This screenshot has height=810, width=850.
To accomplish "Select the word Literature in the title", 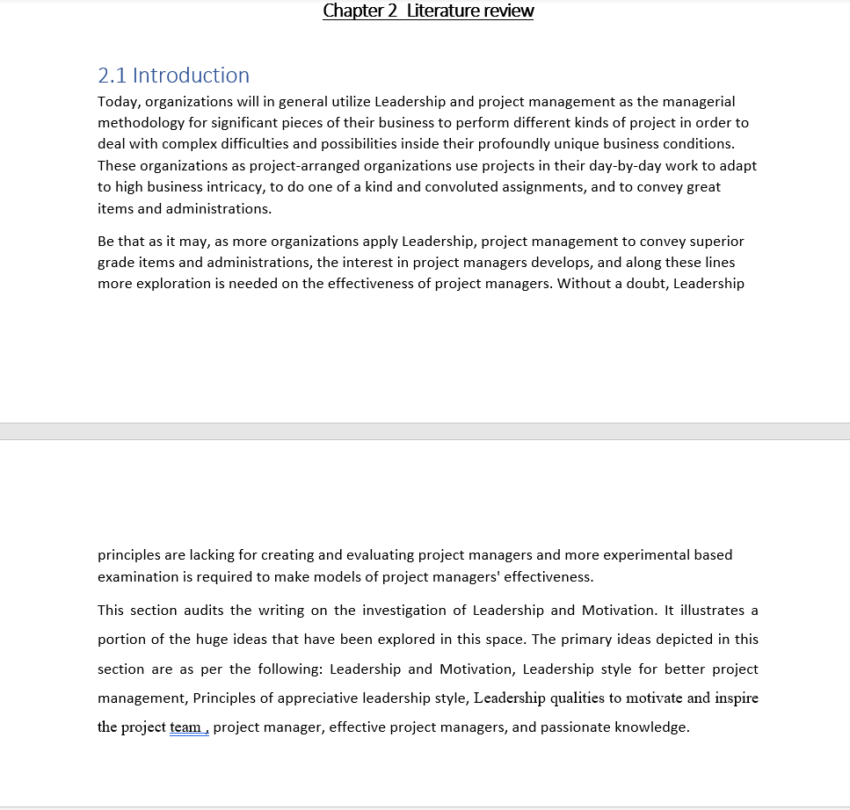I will [442, 11].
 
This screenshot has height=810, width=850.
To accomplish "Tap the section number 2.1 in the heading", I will [113, 76].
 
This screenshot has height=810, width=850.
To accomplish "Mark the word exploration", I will [176, 284].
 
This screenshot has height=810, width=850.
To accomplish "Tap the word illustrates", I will [710, 611].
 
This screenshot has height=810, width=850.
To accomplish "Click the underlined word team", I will [186, 727].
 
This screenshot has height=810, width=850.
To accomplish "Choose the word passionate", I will [577, 727].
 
